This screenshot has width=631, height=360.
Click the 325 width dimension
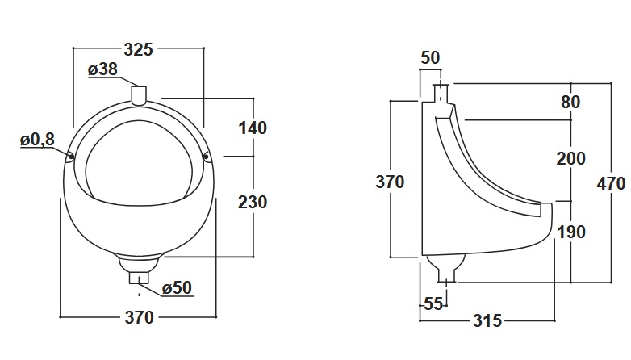pyautogui.click(x=138, y=50)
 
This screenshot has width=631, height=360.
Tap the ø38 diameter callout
pyautogui.click(x=102, y=70)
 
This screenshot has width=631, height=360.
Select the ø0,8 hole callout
pyautogui.click(x=37, y=140)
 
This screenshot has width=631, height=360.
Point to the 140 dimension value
pyautogui.click(x=253, y=128)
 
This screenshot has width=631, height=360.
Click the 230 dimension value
pyautogui.click(x=253, y=202)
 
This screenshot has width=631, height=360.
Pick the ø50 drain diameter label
pyautogui.click(x=176, y=288)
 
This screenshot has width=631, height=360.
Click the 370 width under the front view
pyautogui.click(x=138, y=318)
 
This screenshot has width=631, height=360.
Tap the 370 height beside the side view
pyautogui.click(x=390, y=182)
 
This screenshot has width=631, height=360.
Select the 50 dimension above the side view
pyautogui.click(x=430, y=57)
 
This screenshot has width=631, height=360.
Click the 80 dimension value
pyautogui.click(x=570, y=103)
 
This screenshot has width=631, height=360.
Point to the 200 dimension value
pyautogui.click(x=570, y=158)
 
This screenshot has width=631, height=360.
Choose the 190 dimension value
pyautogui.click(x=570, y=232)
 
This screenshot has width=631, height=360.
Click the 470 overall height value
pyautogui.click(x=611, y=183)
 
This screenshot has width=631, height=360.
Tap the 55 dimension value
pyautogui.click(x=433, y=304)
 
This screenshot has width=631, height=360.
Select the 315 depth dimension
pyautogui.click(x=485, y=321)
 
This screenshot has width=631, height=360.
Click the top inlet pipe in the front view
pyautogui.click(x=138, y=95)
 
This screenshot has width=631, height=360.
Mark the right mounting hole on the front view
pyautogui.click(x=207, y=155)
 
